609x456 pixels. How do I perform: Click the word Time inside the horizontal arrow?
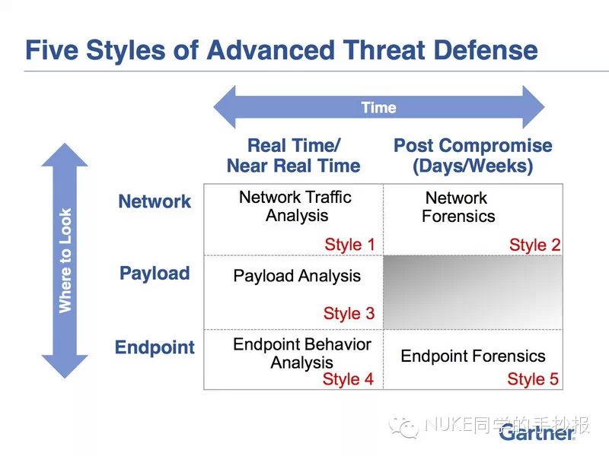[x=378, y=107]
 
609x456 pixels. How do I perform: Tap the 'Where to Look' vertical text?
[x=65, y=261]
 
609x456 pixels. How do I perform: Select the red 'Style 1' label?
[x=349, y=245]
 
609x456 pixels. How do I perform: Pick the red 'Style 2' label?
[x=535, y=245]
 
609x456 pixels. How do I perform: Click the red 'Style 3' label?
[x=349, y=313]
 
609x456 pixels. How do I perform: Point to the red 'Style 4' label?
[x=348, y=378]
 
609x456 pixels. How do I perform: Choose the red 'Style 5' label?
[x=533, y=378]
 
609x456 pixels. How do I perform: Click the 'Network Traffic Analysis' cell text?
[x=295, y=206]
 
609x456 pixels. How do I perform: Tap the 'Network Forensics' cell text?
[x=458, y=207]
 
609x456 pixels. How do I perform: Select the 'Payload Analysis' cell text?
[x=297, y=276]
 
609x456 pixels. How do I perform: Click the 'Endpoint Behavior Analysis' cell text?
[x=302, y=353]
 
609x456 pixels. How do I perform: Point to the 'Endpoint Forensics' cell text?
[x=473, y=356]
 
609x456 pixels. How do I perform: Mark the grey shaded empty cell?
[x=473, y=293]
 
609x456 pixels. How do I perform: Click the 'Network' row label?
[x=155, y=201]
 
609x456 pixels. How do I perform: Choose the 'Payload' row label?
[x=155, y=274]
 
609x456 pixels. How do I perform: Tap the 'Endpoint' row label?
[x=155, y=347]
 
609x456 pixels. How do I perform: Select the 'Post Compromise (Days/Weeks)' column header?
[x=473, y=156]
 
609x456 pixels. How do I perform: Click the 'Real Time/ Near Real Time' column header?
[x=294, y=156]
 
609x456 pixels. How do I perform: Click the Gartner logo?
[x=537, y=432]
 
